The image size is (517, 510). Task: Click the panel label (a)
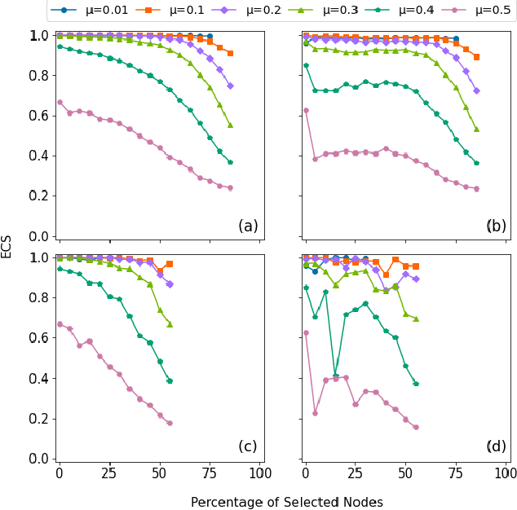pyautogui.click(x=248, y=226)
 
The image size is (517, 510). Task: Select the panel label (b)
pyautogui.click(x=496, y=226)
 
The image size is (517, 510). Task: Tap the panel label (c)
pyautogui.click(x=248, y=446)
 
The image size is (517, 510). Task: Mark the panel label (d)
pyautogui.click(x=496, y=446)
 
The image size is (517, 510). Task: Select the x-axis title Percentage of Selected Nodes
pyautogui.click(x=286, y=502)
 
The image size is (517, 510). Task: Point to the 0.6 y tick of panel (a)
pyautogui.click(x=38, y=116)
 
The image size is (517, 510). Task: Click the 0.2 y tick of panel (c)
pyautogui.click(x=38, y=419)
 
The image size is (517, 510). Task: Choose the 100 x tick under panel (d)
pyautogui.click(x=507, y=473)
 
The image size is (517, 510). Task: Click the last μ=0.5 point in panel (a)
pyautogui.click(x=230, y=187)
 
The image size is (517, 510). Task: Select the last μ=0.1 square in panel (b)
pyautogui.click(x=476, y=57)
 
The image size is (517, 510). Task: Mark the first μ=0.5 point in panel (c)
pyautogui.click(x=59, y=324)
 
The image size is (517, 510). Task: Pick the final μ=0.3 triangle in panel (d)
pyautogui.click(x=416, y=319)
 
